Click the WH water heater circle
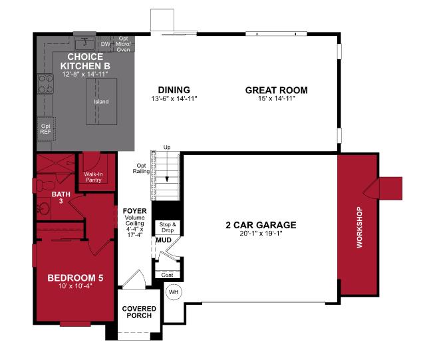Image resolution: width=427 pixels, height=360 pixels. coord(174,292)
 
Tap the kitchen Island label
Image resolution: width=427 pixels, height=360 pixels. coord(101,102)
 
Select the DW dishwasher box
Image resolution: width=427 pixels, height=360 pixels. coord(104,45)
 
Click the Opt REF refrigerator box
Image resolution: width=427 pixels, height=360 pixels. coord(46,128)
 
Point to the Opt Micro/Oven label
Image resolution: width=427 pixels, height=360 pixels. coord(124,43)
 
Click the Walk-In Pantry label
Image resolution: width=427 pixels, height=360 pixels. coord(93,177)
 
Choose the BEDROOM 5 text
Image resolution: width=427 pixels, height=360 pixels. coord(74,277)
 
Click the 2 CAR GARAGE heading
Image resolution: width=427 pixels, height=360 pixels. coord(261,225)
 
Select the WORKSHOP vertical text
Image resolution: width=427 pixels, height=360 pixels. coord(360,228)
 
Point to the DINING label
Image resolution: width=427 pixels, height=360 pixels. coord(174,90)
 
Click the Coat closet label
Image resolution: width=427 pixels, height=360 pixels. coord(166,274)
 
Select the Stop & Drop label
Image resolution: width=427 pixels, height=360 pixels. coord(167,228)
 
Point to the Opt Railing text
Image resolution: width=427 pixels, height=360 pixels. coord(141,168)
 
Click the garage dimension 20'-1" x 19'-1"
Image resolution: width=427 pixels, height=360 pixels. coord(261,234)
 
